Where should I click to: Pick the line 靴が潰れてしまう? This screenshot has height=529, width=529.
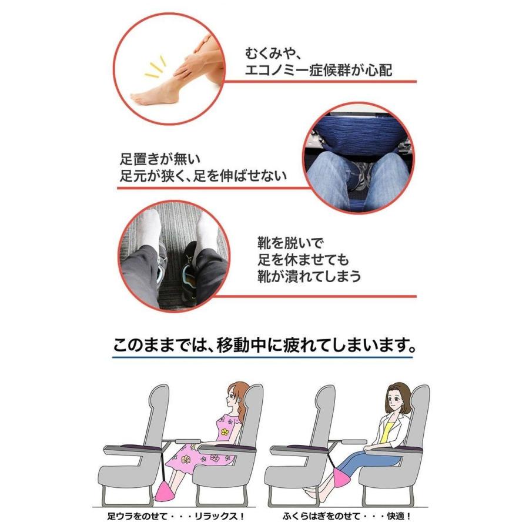tap(309, 276)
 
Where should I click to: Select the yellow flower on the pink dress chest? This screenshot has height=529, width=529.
tap(224, 432)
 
